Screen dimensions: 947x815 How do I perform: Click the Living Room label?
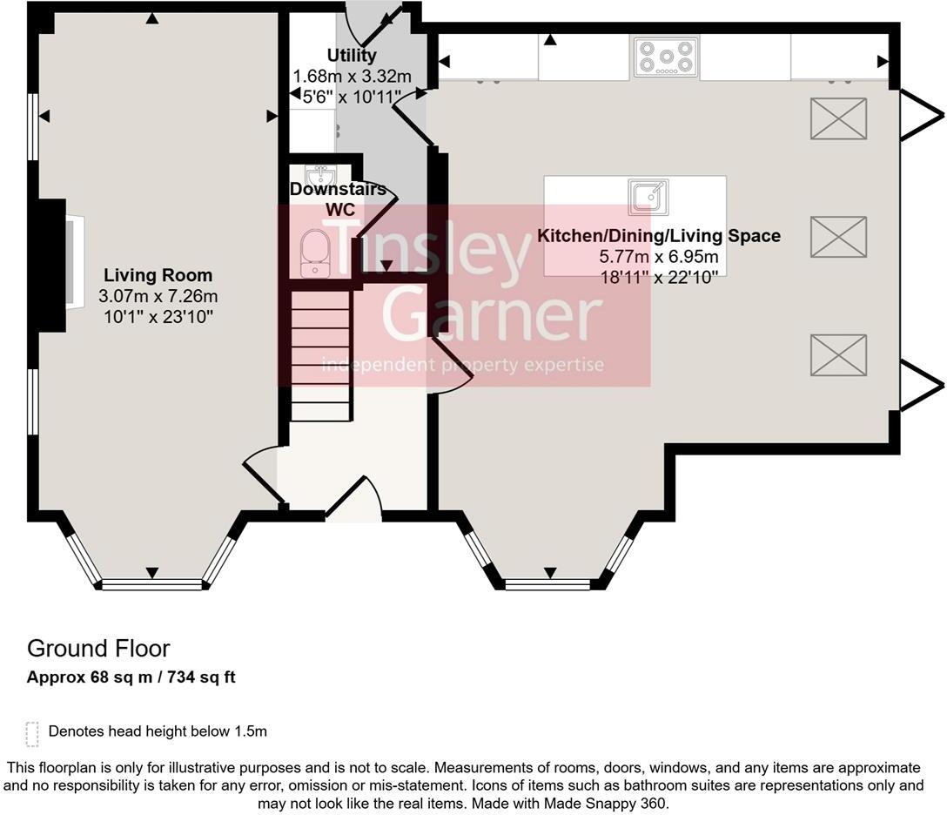[158, 275]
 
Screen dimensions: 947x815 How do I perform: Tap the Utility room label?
[352, 55]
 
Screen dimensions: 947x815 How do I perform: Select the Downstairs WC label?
[339, 199]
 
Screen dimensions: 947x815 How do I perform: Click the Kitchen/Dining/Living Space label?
[659, 236]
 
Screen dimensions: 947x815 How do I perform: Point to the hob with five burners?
[666, 57]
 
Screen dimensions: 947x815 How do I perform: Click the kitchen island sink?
[648, 198]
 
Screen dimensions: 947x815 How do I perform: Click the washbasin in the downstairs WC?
[320, 176]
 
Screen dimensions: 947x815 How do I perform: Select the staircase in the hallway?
[320, 356]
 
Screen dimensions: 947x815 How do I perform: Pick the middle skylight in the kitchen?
[838, 237]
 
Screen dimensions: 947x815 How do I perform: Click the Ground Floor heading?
[98, 648]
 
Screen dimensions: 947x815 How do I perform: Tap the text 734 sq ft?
[201, 677]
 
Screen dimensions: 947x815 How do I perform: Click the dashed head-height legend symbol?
[32, 733]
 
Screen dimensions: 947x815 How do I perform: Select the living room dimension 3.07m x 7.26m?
[158, 297]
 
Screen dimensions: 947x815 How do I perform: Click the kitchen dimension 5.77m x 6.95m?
[659, 257]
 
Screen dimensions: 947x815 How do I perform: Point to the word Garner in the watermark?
[493, 313]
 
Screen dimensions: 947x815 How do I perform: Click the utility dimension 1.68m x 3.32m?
[353, 77]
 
